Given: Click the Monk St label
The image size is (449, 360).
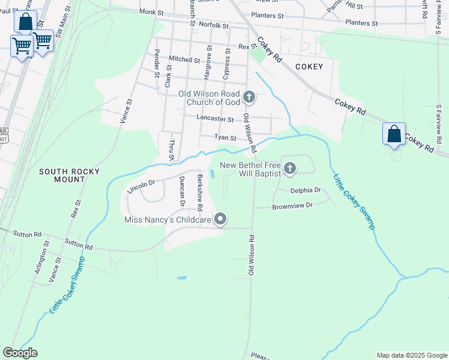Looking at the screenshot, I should (x=151, y=12).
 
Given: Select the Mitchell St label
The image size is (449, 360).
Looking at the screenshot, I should (x=184, y=59).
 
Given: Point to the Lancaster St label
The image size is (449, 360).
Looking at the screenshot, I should (x=215, y=119).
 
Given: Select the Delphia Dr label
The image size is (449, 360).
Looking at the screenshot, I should (x=306, y=190).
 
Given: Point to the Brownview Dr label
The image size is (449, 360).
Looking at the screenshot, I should (x=293, y=205).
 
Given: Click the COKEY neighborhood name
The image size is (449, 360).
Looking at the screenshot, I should (x=309, y=67).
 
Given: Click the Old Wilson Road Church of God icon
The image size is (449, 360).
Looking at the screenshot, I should (x=249, y=96).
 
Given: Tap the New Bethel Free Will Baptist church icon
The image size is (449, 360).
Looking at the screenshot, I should (x=290, y=169).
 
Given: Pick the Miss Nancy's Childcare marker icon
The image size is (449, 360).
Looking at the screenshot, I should (x=220, y=220).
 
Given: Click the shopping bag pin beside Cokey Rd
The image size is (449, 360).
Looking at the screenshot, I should (x=394, y=133).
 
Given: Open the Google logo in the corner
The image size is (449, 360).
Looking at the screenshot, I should (x=20, y=353).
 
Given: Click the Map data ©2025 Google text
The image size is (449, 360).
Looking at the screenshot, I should (x=411, y=355).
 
